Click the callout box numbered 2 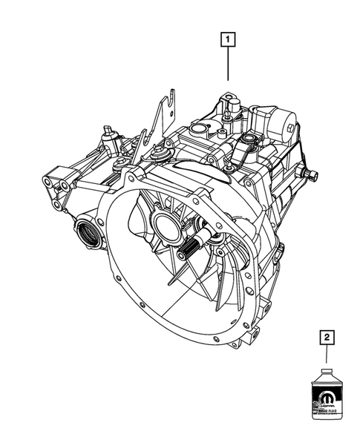pyautogui.click(x=325, y=338)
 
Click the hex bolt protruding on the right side pyautogui.click(x=312, y=175)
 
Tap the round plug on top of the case pyautogui.click(x=199, y=132)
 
